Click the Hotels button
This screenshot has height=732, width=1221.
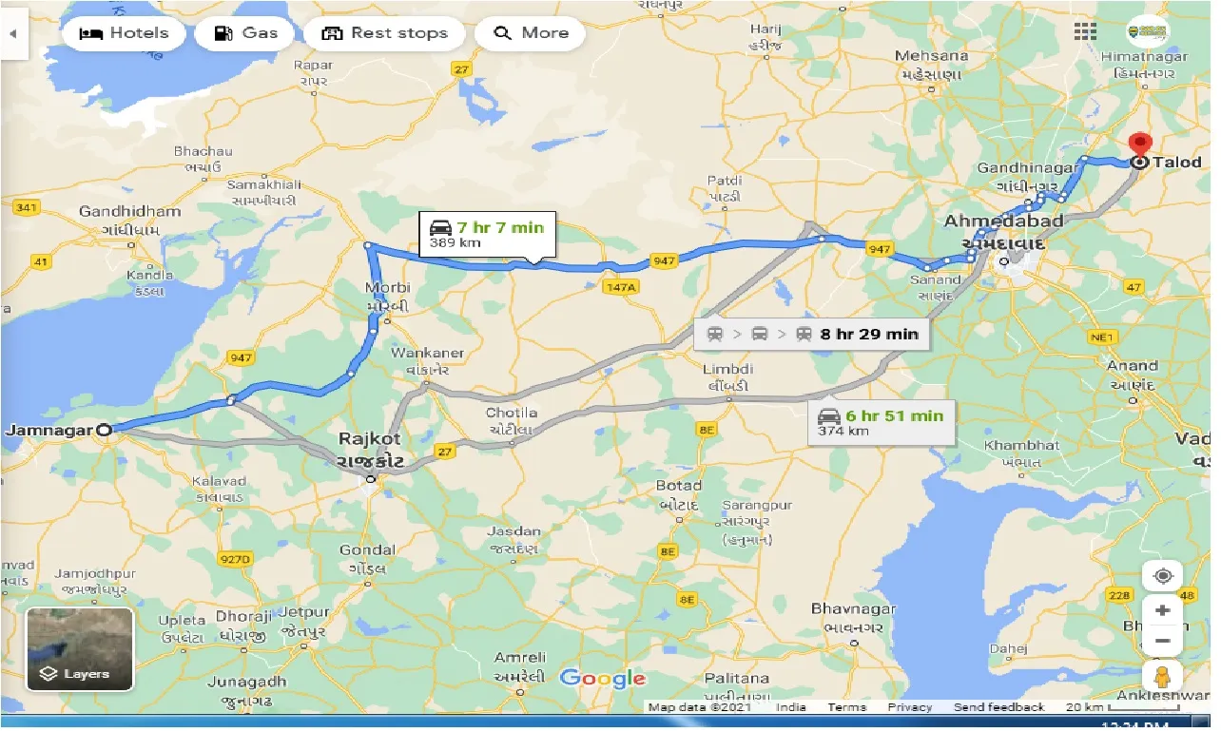coord(124,33)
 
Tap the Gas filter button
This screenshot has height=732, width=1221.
coord(245,33)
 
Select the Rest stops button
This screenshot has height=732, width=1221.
coord(384,33)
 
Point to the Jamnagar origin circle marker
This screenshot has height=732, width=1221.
coord(105,430)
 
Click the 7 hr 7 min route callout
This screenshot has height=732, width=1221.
coord(486,234)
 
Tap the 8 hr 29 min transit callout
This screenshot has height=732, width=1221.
coord(812,334)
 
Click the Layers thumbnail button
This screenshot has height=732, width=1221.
coord(80,649)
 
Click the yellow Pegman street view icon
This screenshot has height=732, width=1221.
coord(1162,677)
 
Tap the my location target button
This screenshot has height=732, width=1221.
coord(1162,576)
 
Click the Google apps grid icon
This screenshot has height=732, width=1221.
coord(1085,31)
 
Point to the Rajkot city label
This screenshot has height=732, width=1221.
coord(370,439)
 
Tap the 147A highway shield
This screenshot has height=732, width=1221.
coord(618,287)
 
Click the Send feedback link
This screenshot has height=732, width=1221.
coord(998,707)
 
